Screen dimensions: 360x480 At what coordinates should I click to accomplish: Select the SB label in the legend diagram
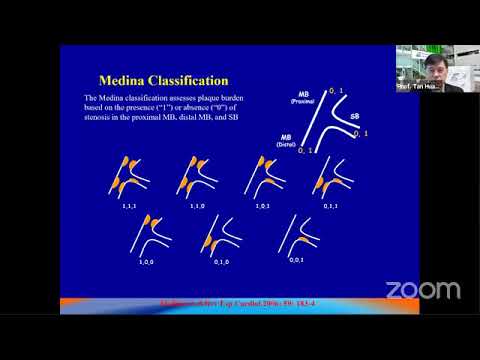[355, 116]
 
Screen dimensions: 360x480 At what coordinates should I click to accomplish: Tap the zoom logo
[423, 290]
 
